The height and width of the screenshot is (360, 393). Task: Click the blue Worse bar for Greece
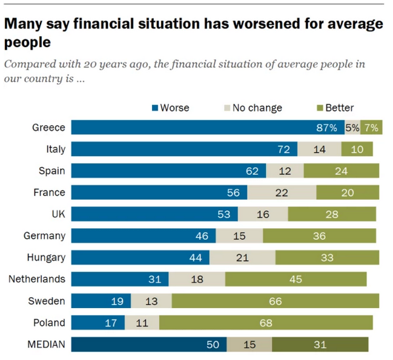pyautogui.click(x=206, y=127)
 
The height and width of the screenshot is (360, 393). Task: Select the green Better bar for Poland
pyautogui.click(x=266, y=322)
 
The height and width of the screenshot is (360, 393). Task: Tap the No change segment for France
pyautogui.click(x=282, y=192)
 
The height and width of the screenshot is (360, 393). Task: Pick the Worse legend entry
pyautogui.click(x=170, y=108)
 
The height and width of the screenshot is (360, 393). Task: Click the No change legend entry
pyautogui.click(x=252, y=108)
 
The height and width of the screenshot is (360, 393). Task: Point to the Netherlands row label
pyautogui.click(x=36, y=279)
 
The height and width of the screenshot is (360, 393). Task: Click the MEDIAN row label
pyautogui.click(x=46, y=344)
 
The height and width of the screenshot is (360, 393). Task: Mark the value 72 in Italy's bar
pyautogui.click(x=284, y=149)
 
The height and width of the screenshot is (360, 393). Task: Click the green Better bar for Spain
pyautogui.click(x=341, y=171)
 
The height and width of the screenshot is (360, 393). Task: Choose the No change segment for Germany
pyautogui.click(x=239, y=235)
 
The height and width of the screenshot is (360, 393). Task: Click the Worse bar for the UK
pyautogui.click(x=154, y=214)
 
